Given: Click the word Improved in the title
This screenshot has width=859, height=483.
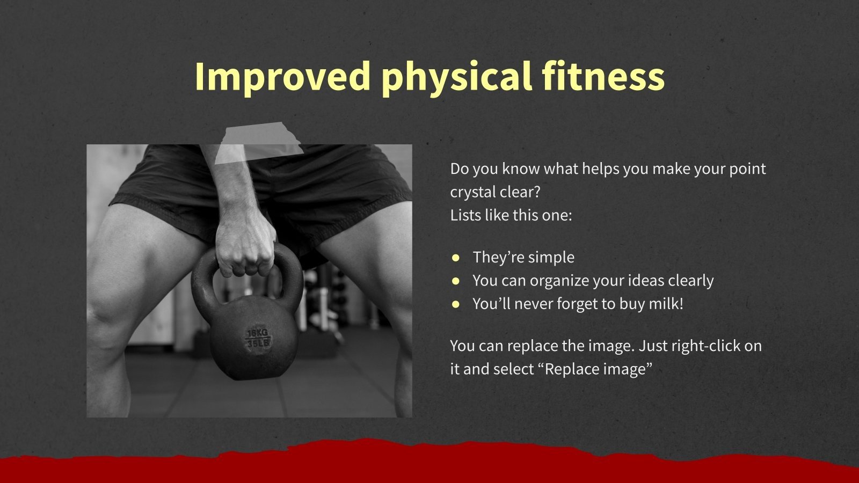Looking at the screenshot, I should (282, 76).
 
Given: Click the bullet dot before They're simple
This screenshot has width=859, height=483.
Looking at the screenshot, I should (456, 258).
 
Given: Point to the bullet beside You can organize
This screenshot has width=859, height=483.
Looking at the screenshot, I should (456, 281).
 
